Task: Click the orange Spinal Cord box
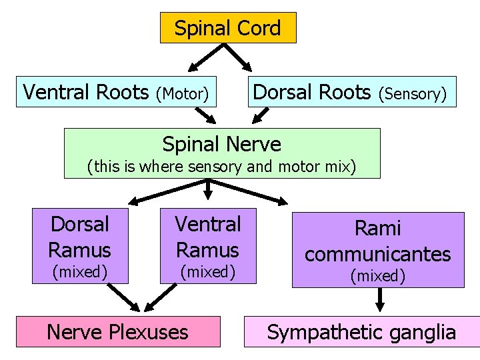pos(227,28)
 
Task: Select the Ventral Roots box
pos(117,91)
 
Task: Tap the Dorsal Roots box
pos(353,91)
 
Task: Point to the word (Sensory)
pos(412,94)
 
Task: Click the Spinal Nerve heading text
pos(222,143)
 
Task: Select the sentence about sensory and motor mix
pos(222,166)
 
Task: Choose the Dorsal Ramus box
pos(79,245)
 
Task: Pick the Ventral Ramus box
pos(207,245)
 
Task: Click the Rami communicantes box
pos(378,249)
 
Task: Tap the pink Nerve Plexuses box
pos(117,331)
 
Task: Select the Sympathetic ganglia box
pos(361,332)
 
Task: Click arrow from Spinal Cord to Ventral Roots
pos(207,58)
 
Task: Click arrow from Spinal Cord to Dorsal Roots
pos(239,58)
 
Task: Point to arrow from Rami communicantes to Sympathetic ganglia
pos(380,299)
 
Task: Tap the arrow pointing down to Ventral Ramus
pos(208,191)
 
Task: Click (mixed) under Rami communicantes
pos(378,276)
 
